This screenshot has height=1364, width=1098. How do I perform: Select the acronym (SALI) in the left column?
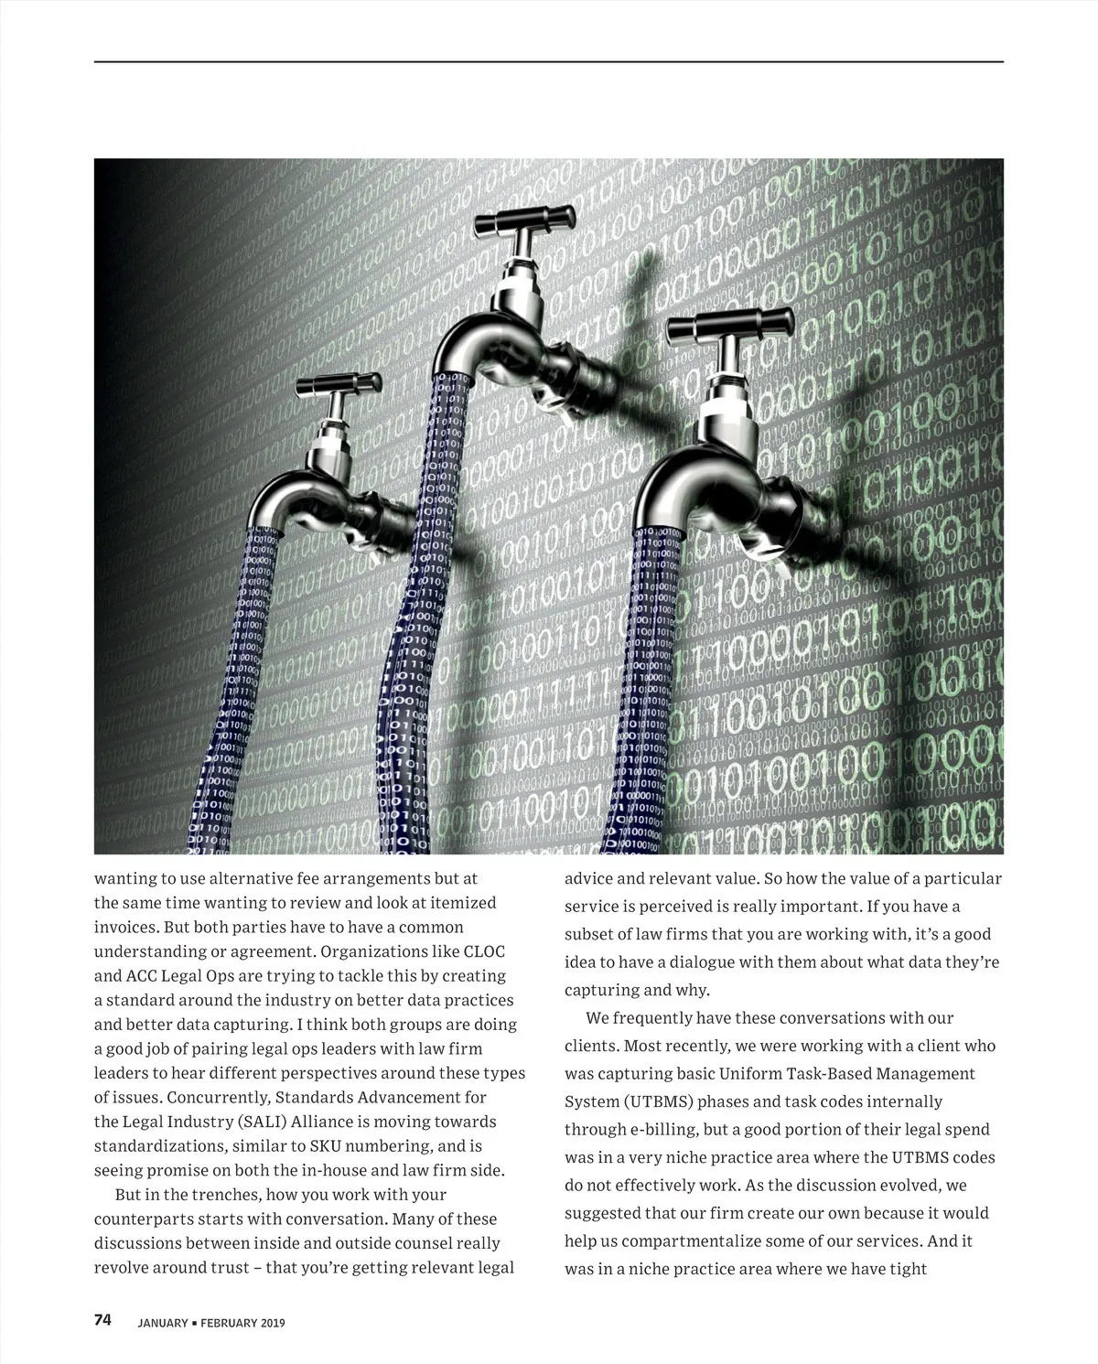pos(239,1122)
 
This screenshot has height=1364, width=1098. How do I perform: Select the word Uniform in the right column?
pos(751,1074)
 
